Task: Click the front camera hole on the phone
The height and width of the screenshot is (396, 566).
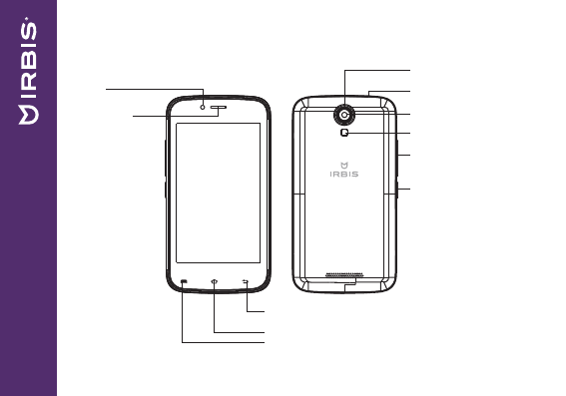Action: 203,107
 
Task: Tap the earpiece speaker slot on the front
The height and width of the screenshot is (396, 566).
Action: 219,107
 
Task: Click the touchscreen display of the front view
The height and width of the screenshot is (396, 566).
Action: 218,193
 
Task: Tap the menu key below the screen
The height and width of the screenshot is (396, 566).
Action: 184,281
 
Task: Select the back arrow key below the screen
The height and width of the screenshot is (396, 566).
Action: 246,281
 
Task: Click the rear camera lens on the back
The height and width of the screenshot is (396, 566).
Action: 344,115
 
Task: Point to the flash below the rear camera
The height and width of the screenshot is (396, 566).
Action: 344,133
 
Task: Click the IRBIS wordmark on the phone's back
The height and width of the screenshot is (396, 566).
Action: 344,174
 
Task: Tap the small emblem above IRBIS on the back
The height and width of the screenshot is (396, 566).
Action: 344,166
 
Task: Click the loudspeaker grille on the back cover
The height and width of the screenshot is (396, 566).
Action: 344,275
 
